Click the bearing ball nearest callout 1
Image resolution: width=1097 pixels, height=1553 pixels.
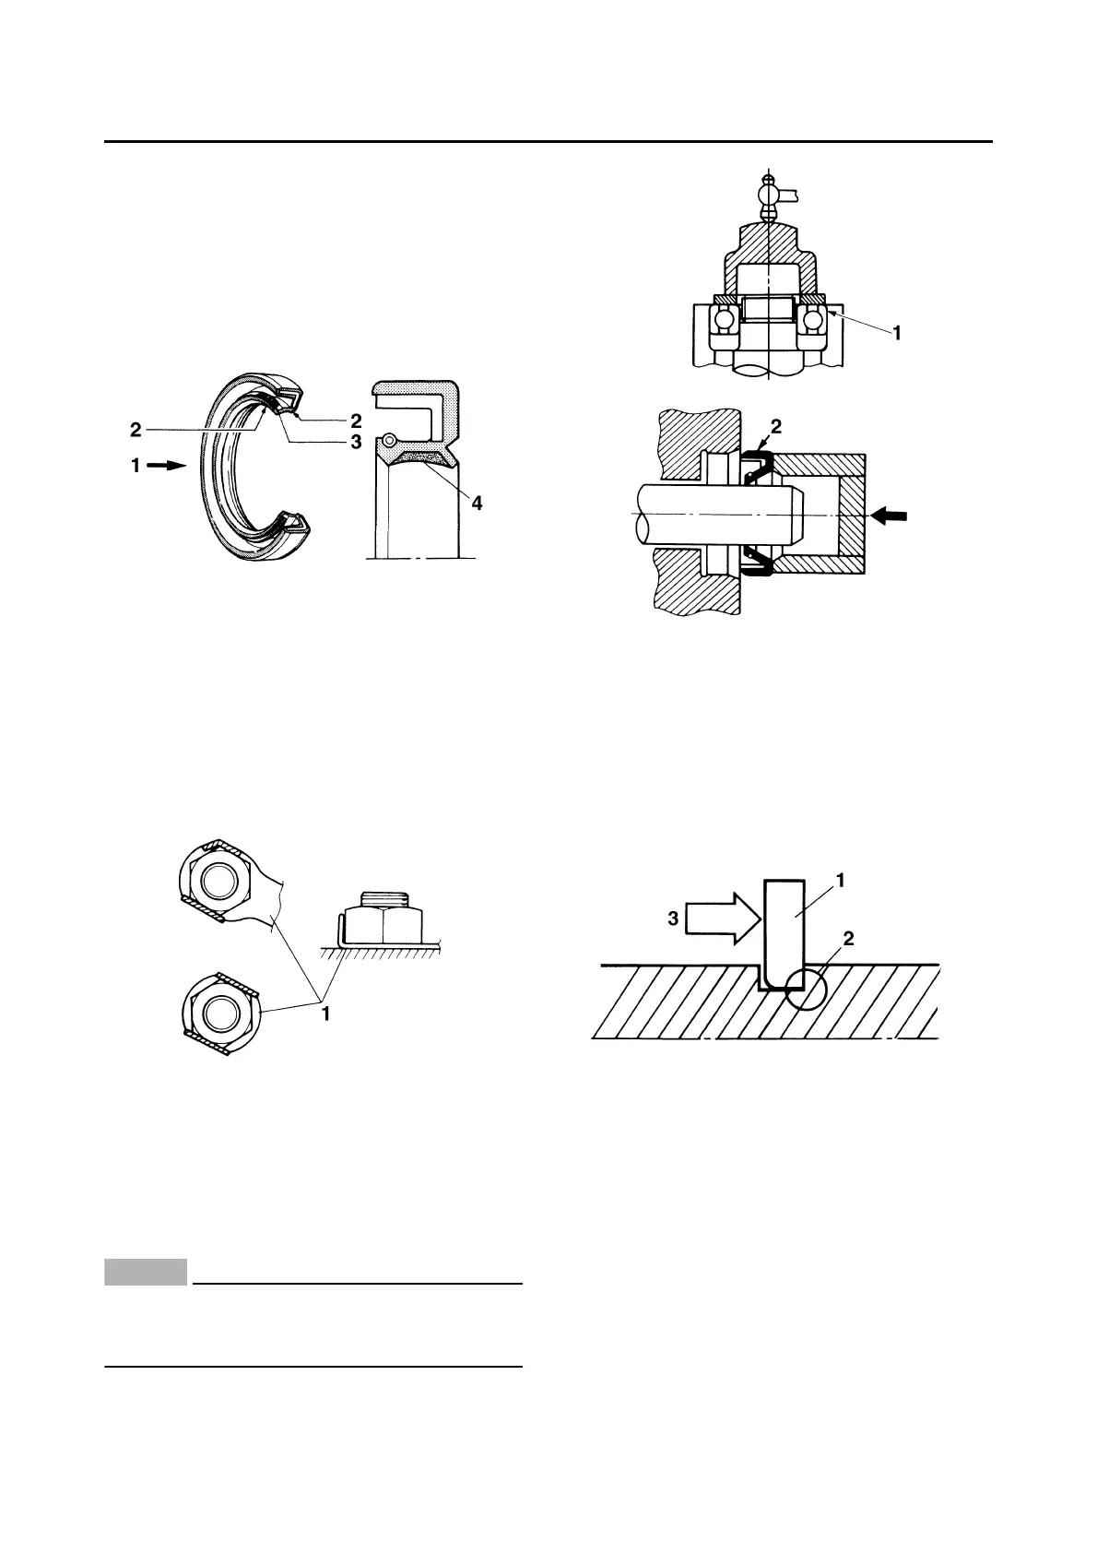(812, 319)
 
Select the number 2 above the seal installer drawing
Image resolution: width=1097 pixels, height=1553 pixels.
(774, 426)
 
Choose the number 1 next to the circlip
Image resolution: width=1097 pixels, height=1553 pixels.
(841, 881)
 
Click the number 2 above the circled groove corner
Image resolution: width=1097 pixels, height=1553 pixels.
(848, 940)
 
